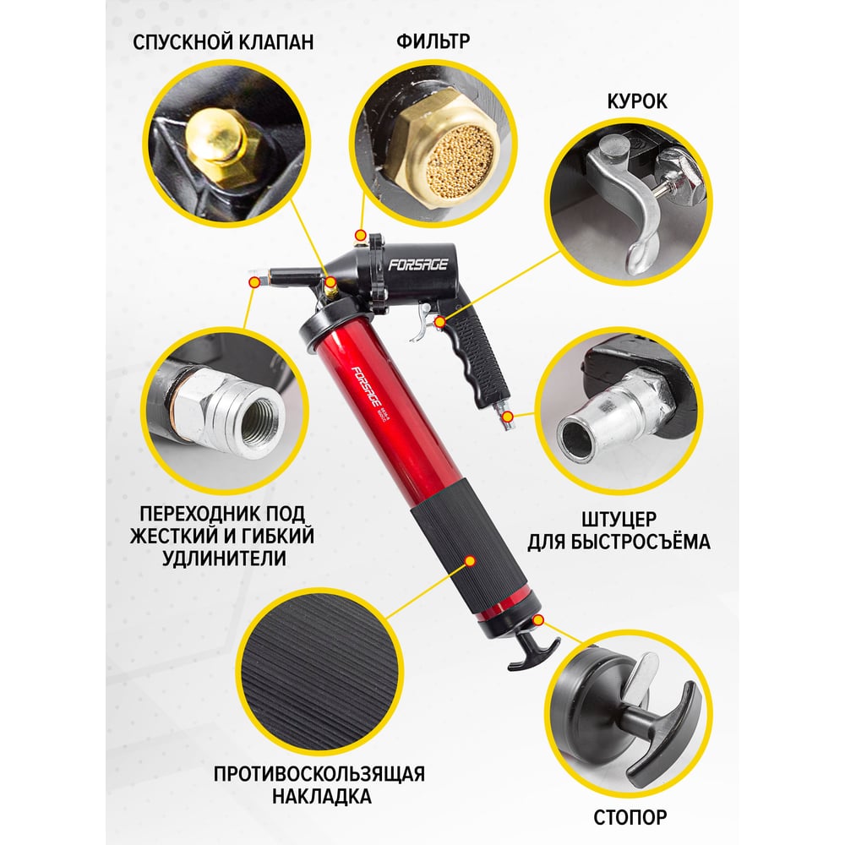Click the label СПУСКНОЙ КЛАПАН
pos(223,42)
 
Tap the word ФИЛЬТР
pos(433,41)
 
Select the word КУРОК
pos(637,101)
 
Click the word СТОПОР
pos(630,817)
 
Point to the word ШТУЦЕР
pos(619,519)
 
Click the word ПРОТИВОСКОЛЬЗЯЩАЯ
pos(319,774)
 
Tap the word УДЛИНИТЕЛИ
pos(224,559)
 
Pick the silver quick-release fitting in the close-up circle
pos(614,415)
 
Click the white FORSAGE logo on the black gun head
pos(419,264)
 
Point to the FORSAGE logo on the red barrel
pos(367,386)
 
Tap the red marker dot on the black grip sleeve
pos(470,562)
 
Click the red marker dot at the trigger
pos(440,322)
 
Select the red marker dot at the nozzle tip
pos(254,282)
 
